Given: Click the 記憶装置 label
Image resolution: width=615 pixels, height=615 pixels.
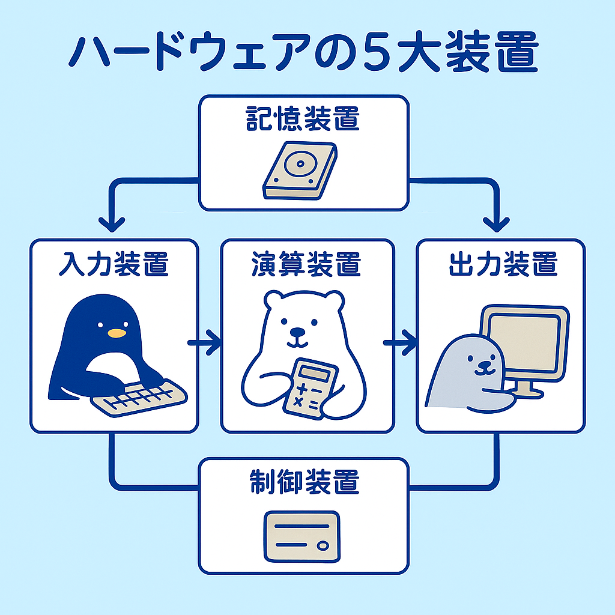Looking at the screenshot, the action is tap(303, 118).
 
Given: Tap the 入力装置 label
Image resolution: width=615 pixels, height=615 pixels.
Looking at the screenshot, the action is tap(114, 264).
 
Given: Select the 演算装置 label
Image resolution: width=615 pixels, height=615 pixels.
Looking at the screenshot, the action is tap(306, 264).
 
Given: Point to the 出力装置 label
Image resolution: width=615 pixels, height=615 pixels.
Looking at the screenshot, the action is tap(503, 264).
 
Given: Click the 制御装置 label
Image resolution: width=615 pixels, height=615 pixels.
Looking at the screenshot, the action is tap(304, 482).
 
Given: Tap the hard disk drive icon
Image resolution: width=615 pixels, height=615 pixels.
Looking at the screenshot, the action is tap(300, 171).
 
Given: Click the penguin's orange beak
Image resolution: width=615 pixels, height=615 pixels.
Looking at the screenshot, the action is tap(117, 333).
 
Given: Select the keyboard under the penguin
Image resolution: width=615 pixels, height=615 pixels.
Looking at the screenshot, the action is tap(139, 398).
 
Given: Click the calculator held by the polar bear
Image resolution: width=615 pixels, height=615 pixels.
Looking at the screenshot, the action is tap(311, 389).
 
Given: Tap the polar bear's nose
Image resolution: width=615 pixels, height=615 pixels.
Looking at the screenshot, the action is tap(297, 332).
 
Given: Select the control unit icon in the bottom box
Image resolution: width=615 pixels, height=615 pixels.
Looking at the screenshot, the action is tap(301, 536).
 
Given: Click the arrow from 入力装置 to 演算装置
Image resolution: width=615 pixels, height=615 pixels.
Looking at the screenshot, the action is tap(204, 343).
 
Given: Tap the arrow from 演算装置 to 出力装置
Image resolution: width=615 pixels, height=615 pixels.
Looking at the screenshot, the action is tap(399, 343).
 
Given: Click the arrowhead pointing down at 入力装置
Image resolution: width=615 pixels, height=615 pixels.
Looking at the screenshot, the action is tap(112, 225).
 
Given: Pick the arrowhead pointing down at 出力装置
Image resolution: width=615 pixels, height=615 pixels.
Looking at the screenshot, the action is tap(497, 225).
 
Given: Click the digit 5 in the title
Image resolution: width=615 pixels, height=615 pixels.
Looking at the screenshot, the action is tap(377, 52).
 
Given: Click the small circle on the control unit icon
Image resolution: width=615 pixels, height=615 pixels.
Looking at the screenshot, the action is tap(323, 545).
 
